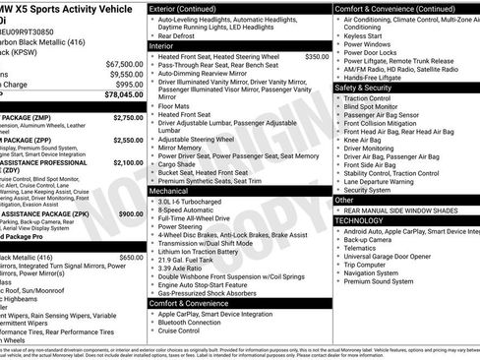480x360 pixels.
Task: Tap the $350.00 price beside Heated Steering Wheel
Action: click(317, 57)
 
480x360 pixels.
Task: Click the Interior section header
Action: click(161, 46)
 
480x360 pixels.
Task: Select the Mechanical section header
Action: click(168, 190)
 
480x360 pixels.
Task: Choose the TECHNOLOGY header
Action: click(359, 220)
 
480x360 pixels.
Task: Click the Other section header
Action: click(344, 200)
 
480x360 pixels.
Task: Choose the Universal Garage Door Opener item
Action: click(395, 257)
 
